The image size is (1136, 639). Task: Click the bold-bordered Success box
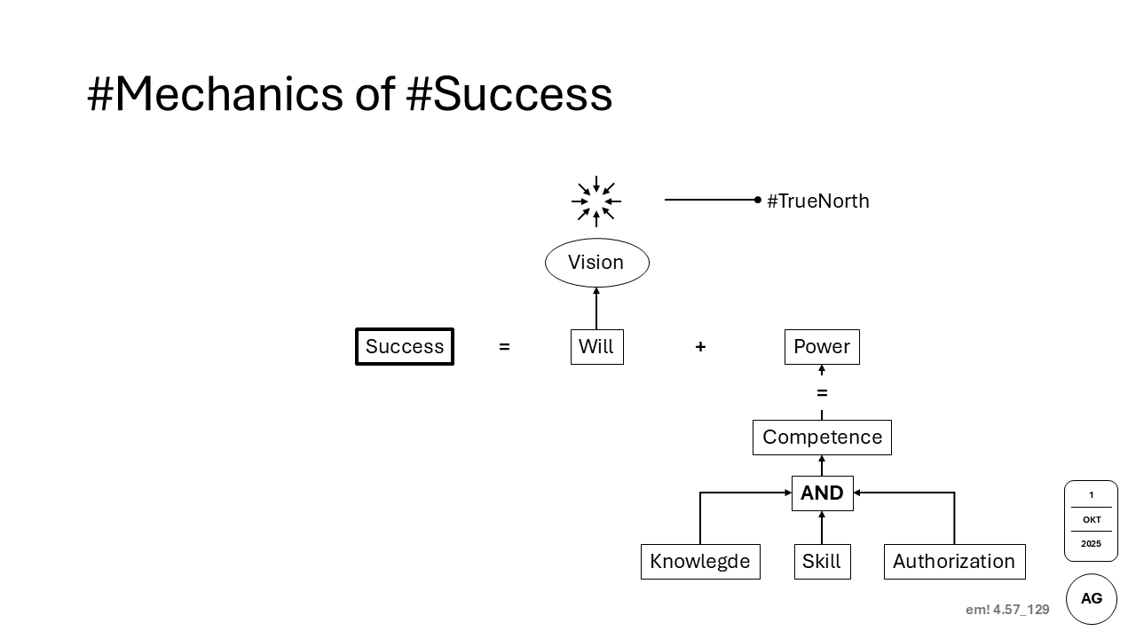coord(405,346)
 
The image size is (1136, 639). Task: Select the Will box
coord(596,346)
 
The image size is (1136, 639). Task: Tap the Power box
coord(822,346)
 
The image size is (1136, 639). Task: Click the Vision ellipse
coord(596,263)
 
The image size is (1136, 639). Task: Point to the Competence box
coord(822,438)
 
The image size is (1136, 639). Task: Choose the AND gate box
coord(822,493)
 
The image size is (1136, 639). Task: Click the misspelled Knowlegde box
coord(700,562)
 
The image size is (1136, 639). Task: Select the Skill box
coord(822,562)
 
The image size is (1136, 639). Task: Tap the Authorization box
coord(954,562)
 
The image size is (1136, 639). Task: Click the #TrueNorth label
coord(817,201)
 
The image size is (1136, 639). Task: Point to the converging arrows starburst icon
coord(596,201)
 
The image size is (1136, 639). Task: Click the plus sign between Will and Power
coord(700,347)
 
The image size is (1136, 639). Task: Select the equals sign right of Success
coord(504,347)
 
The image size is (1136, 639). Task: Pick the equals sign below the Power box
coord(822,393)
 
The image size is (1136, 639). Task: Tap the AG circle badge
coord(1092,598)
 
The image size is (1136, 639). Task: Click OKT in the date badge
coord(1092,520)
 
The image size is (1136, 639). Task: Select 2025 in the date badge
coord(1092,544)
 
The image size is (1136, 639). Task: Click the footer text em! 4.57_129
coord(1007,610)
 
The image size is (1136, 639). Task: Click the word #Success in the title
coord(509,94)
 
